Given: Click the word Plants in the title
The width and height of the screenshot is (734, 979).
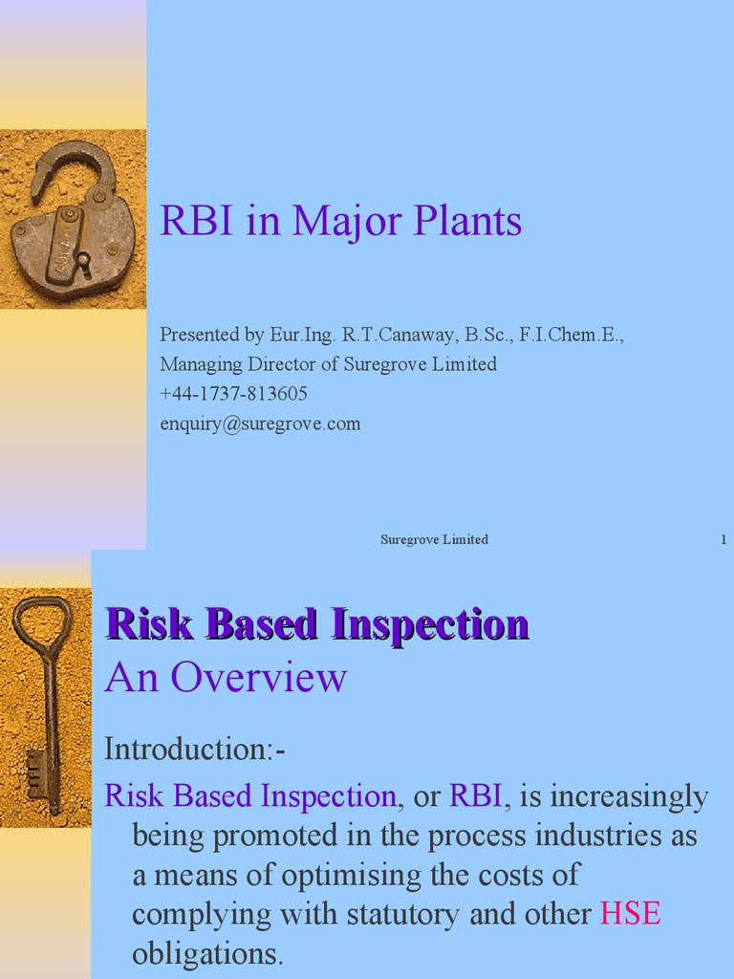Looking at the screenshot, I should pos(467,222).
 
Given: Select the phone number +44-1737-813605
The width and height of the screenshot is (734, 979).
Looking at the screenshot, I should pos(233,394).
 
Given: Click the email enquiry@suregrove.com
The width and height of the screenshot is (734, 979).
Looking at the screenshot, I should pos(260,424).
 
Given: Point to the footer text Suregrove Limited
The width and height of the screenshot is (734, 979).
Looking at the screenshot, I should pos(434,540).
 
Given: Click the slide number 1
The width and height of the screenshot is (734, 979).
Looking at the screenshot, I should pos(723,540).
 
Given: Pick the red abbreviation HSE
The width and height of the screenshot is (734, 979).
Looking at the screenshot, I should pos(630,914).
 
